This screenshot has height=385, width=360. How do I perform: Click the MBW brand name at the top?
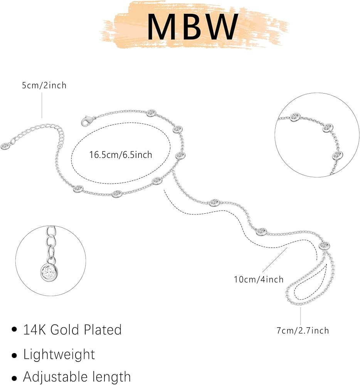(193, 27)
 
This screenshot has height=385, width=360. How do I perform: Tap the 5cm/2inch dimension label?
(44, 85)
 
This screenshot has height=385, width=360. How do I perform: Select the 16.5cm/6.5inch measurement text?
(121, 155)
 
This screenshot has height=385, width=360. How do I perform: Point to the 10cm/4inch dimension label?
(259, 280)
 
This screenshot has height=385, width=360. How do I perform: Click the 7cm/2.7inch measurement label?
(303, 330)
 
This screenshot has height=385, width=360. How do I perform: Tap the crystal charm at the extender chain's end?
(5, 146)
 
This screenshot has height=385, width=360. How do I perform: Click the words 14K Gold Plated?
(72, 330)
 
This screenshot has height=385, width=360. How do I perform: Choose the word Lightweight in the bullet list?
(59, 354)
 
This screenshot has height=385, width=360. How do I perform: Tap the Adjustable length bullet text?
(77, 377)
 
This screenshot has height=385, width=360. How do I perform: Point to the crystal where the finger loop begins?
(324, 245)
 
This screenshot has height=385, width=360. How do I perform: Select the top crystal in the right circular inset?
(295, 117)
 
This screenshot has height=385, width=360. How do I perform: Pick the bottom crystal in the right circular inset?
(337, 156)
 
